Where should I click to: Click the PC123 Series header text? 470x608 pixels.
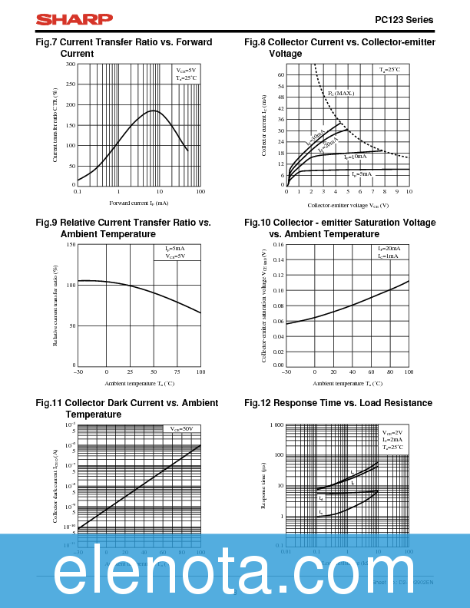(x=404, y=20)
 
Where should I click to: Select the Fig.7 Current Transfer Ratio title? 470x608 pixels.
(x=124, y=48)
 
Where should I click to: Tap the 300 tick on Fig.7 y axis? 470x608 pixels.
(x=71, y=64)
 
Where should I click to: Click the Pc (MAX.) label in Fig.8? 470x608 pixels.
(x=341, y=93)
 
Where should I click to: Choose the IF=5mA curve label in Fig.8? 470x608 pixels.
(x=362, y=174)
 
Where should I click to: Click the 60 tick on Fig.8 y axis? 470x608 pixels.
(x=281, y=75)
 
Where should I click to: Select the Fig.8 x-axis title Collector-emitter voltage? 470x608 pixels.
(x=348, y=206)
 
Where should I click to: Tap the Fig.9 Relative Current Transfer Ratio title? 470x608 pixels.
(x=123, y=228)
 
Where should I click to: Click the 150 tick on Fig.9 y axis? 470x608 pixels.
(x=71, y=245)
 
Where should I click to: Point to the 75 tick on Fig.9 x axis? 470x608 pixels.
(x=177, y=372)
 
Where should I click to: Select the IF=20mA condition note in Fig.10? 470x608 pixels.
(x=389, y=249)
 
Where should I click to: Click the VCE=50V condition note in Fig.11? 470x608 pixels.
(x=181, y=428)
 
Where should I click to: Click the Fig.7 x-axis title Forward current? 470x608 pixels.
(x=139, y=203)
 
